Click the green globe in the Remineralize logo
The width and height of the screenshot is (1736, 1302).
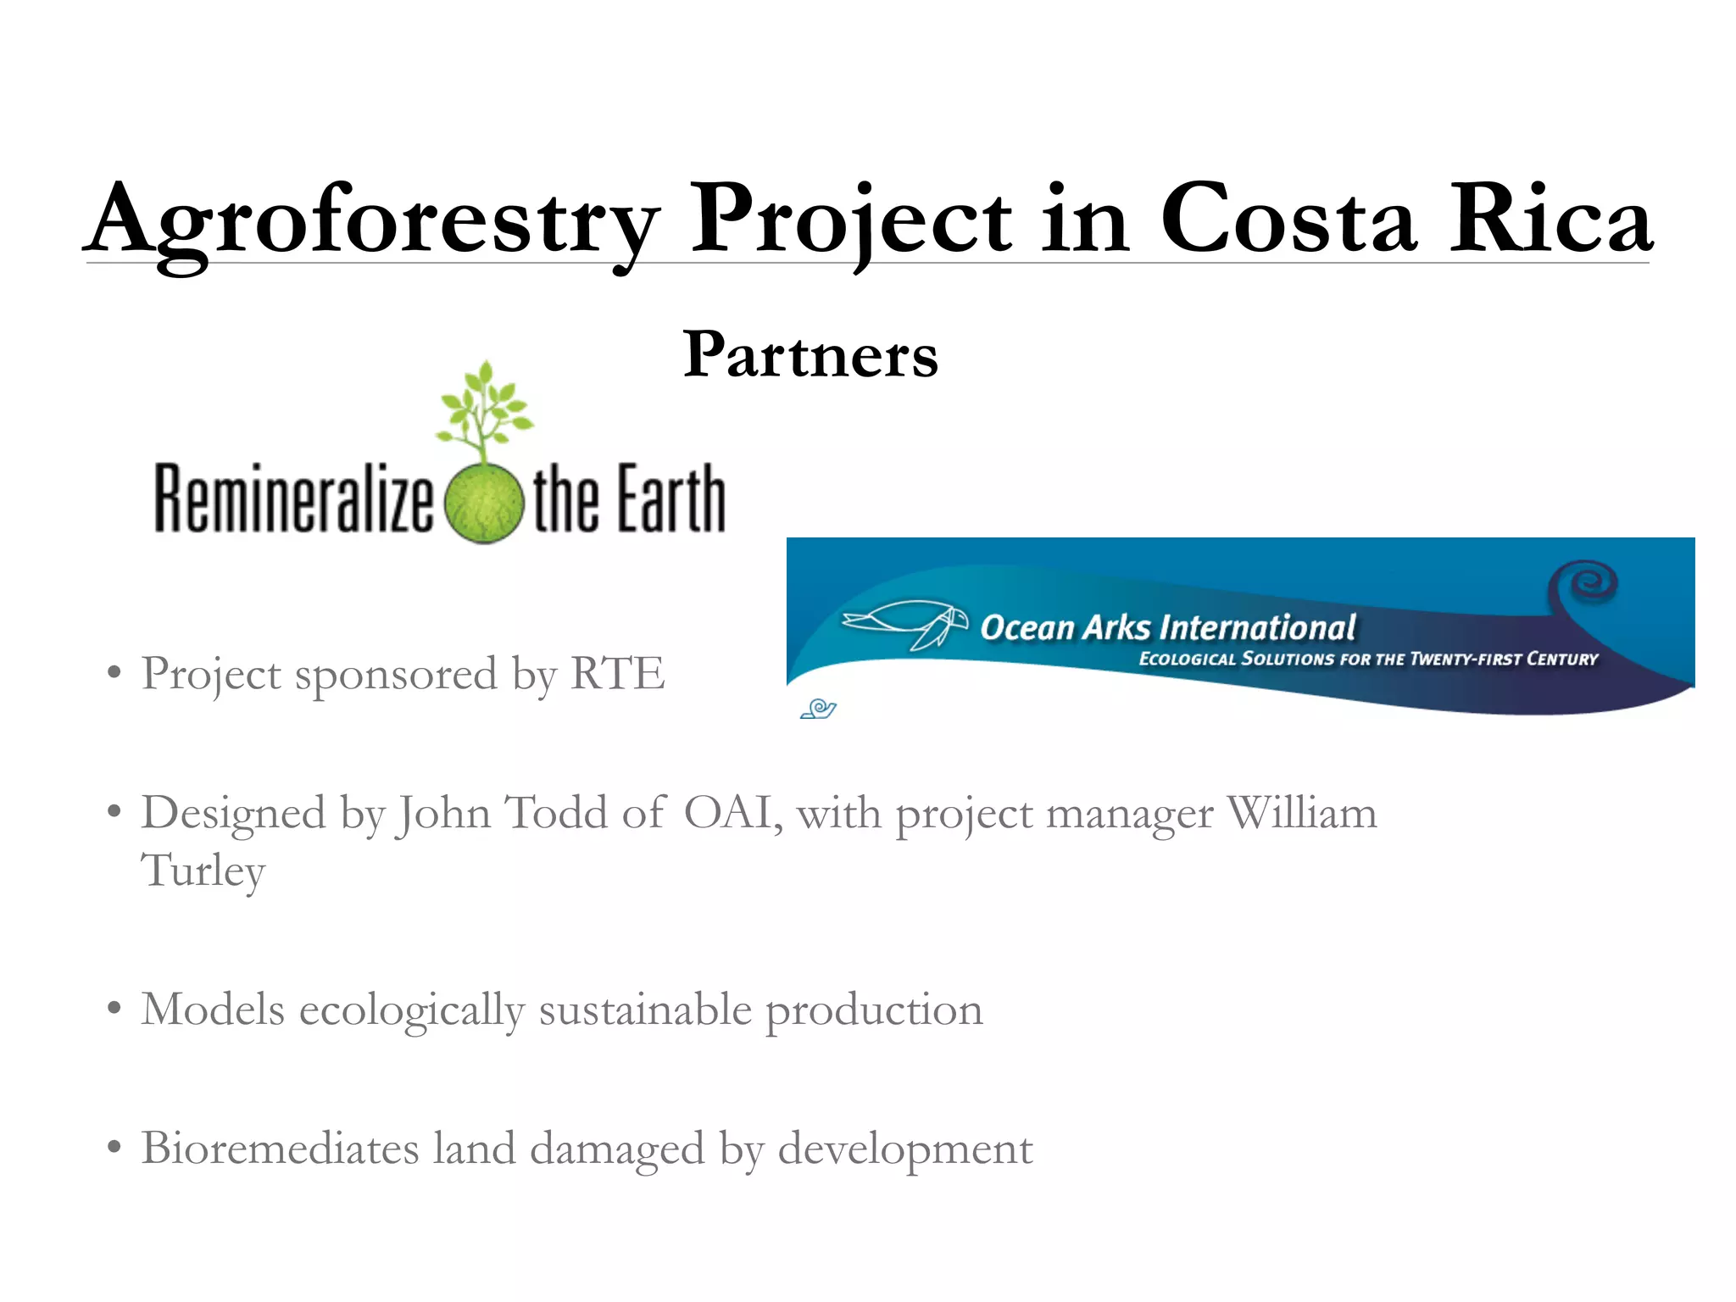483,504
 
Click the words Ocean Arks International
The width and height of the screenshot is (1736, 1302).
1168,628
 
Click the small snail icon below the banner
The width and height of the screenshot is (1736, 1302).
819,709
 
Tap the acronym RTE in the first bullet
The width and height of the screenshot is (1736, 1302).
617,675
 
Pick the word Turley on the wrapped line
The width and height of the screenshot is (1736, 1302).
203,871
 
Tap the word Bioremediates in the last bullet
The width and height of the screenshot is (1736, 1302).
280,1149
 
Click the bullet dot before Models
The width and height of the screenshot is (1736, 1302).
114,1010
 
